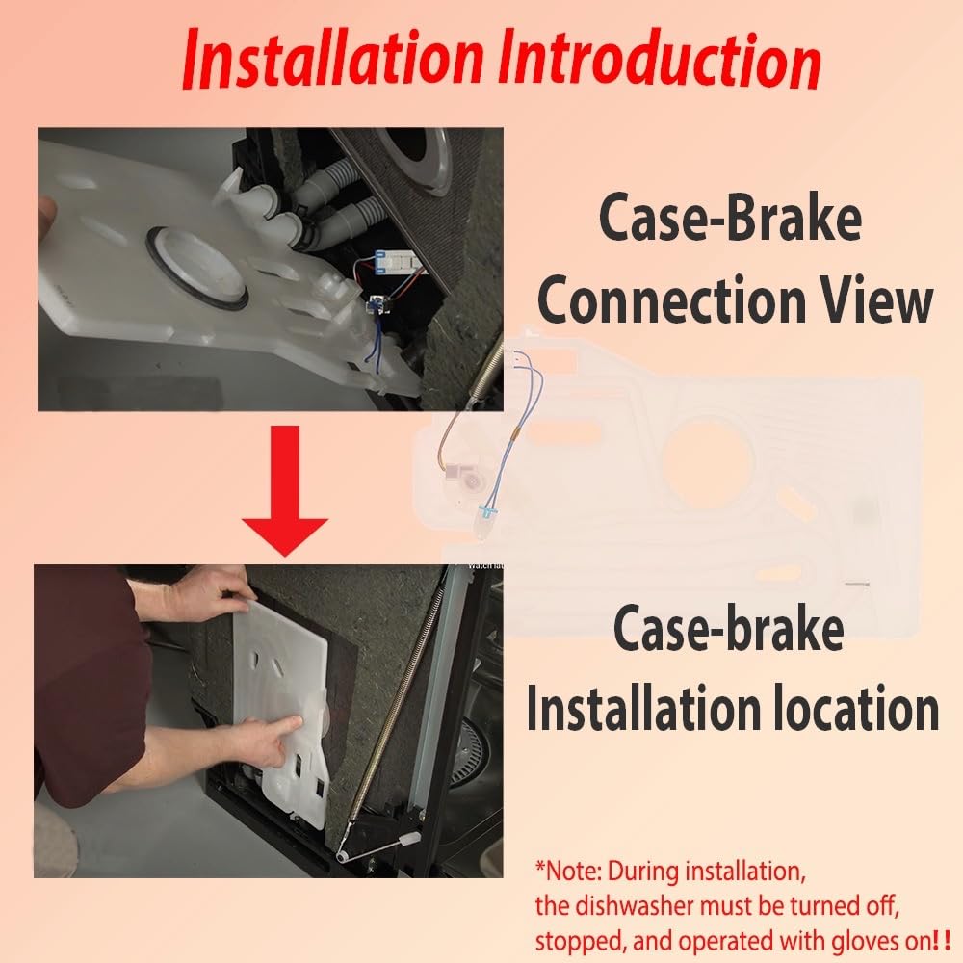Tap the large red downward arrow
[x=285, y=491]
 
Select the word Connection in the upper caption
[x=671, y=300]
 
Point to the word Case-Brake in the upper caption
[x=730, y=219]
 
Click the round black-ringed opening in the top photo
[x=197, y=267]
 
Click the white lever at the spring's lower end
[x=377, y=845]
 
